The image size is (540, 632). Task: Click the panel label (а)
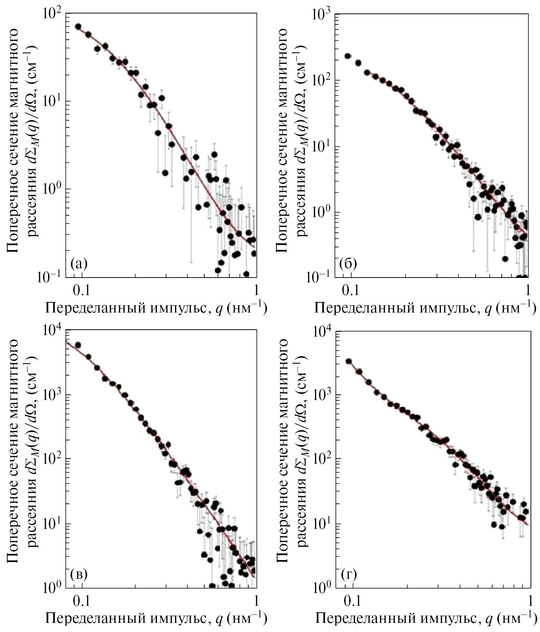tap(79, 263)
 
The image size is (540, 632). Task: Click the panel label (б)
tap(347, 263)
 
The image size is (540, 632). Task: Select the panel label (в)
tap(79, 574)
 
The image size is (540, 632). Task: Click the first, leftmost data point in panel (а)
tap(78, 27)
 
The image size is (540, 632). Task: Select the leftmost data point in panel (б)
tap(348, 56)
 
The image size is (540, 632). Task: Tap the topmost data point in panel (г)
tap(348, 361)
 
